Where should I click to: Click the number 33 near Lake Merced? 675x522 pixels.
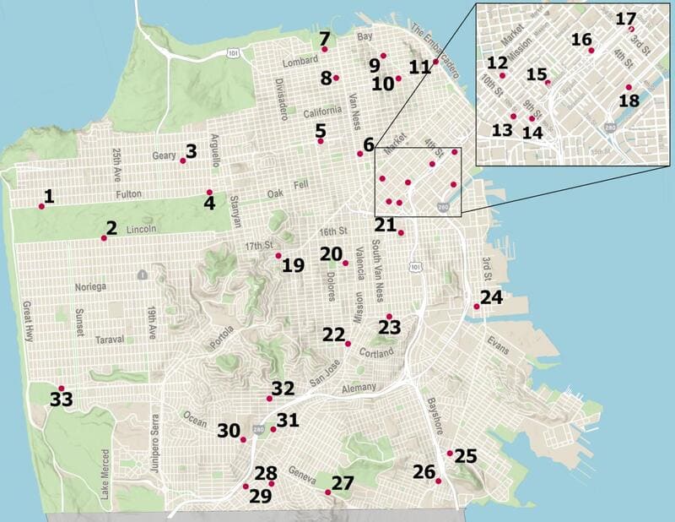62,400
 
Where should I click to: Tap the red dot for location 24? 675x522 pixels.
477,307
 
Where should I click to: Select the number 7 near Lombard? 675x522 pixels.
324,38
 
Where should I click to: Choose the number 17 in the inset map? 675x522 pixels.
626,19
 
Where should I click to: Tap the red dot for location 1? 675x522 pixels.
41,206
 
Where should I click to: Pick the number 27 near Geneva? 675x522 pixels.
342,484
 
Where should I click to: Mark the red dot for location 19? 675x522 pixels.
278,255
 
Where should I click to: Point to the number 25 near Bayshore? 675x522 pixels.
466,456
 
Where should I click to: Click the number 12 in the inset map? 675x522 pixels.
497,63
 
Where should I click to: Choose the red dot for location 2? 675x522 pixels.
104,238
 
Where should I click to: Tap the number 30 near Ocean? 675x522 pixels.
229,431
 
